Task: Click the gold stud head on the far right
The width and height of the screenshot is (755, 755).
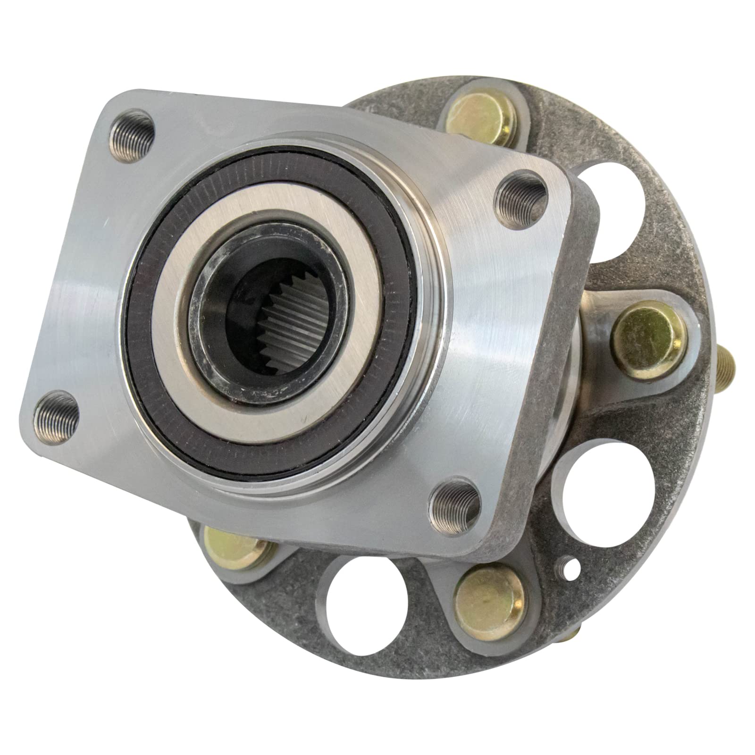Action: coord(647,336)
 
